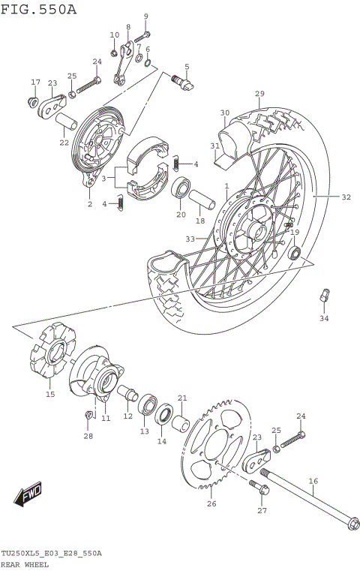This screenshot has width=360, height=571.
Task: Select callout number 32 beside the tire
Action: (346, 198)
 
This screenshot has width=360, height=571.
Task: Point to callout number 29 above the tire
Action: (259, 94)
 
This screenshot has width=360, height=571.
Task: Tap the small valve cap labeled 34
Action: (323, 296)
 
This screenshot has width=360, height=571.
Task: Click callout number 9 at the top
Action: (146, 17)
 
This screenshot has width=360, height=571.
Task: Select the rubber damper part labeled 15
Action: (50, 358)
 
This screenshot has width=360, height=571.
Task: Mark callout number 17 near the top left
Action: (35, 83)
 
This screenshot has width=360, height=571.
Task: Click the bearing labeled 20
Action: (181, 190)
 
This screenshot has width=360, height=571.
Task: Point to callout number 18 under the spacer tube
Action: (199, 221)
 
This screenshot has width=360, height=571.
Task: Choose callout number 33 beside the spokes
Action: (190, 239)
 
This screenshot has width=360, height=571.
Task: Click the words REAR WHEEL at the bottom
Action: (25, 563)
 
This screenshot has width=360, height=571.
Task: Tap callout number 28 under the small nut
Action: (88, 436)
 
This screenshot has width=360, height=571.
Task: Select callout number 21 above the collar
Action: (181, 398)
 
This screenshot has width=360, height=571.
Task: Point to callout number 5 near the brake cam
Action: (186, 67)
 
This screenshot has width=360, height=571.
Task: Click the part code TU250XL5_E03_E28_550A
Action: (51, 553)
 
